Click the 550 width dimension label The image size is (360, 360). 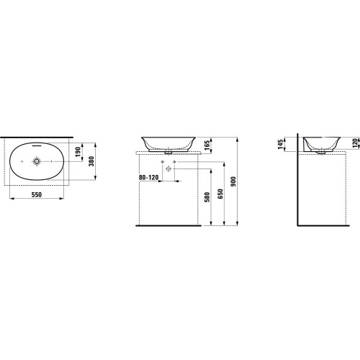pos(37,194)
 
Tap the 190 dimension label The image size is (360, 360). pos(78,152)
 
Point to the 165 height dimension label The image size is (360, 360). pos(207,145)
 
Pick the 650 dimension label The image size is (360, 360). pos(220,194)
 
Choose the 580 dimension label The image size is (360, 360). pos(207,197)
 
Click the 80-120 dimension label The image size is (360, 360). pos(148,177)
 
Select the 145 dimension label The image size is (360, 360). pos(281,144)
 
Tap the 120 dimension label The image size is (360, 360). pos(355,143)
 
